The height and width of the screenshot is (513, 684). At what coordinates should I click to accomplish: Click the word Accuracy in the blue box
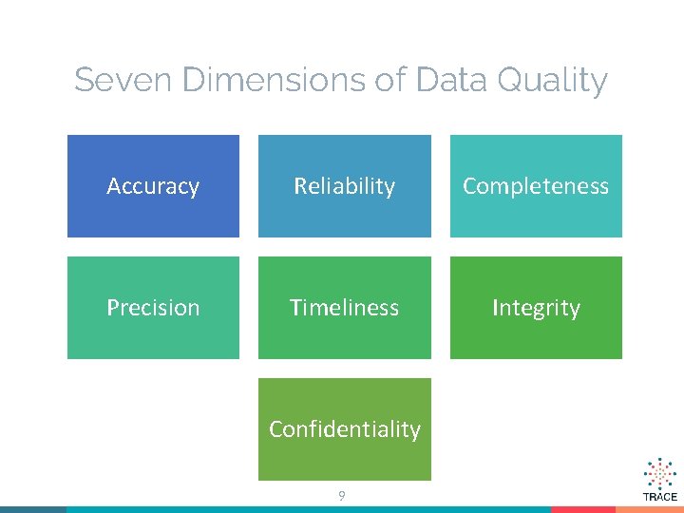pos(153,186)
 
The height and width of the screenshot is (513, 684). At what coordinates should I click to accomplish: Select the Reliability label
pos(344,186)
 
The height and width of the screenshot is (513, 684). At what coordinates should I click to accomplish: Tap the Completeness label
pos(536,186)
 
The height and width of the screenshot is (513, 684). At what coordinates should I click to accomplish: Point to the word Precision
pos(153,308)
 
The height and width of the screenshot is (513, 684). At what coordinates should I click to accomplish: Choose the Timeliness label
pos(344,308)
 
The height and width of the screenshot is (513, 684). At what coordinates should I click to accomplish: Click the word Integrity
pos(536,308)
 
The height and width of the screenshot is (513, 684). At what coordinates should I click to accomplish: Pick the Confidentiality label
pos(344,429)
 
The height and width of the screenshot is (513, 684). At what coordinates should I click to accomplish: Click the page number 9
pos(342,495)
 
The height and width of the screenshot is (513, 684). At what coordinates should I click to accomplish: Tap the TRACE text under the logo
pos(660,497)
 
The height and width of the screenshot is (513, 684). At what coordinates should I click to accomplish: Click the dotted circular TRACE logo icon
pos(660,473)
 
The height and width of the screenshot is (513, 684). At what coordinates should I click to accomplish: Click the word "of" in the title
pos(390,80)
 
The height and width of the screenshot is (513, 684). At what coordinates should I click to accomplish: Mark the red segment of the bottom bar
pos(583,509)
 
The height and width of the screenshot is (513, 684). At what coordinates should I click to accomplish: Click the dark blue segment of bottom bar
pos(33,509)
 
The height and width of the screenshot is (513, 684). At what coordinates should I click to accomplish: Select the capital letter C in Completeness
pos(469,186)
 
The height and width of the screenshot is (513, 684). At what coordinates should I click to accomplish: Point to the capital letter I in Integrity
pos(495,308)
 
